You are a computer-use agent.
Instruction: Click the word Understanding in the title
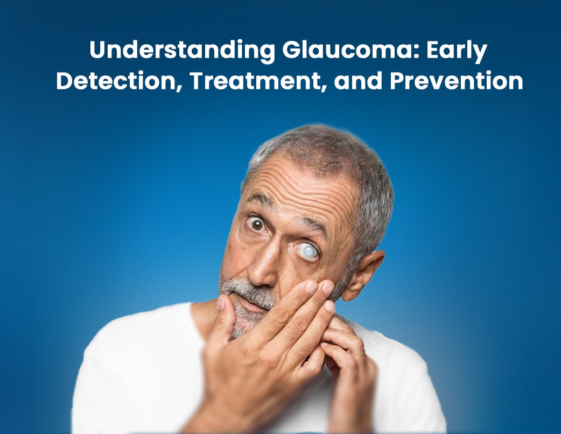pos(183,50)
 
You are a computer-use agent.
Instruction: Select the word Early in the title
pos(457,51)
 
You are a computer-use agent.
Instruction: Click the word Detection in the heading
pos(118,81)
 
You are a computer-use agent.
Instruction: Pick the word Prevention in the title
pos(457,81)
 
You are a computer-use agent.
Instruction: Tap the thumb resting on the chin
pos(224,315)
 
